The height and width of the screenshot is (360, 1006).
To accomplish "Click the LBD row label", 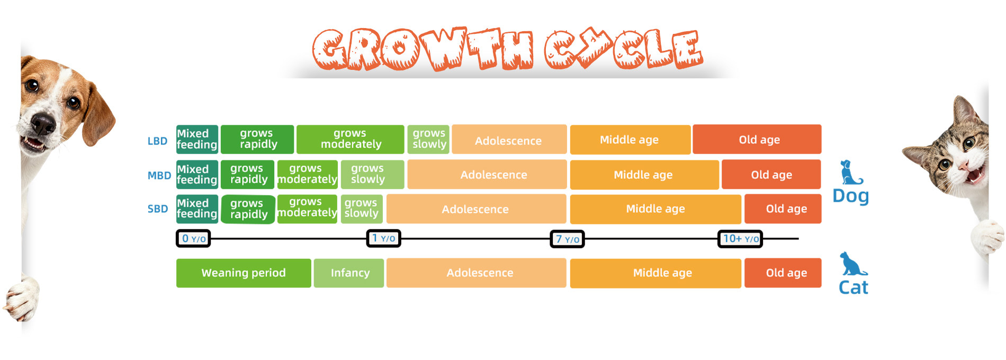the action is tap(157, 141).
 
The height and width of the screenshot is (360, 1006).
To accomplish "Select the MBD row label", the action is tap(159, 175).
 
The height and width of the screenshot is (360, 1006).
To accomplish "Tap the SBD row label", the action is tap(158, 209).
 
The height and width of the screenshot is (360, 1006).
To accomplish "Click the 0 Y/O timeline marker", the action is tap(193, 239).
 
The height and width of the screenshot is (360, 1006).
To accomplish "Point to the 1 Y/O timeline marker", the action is tap(384, 238).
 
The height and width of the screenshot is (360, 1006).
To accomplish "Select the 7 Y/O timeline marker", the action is tap(567, 239).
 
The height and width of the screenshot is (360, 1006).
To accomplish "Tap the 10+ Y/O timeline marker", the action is tap(740, 239).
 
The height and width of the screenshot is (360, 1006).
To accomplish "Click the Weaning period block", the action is tap(244, 273).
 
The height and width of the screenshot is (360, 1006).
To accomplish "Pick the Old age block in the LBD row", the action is tap(757, 139).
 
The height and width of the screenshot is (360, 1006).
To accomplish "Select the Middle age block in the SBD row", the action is tap(655, 209).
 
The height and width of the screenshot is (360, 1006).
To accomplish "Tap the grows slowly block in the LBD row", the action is tap(428, 139).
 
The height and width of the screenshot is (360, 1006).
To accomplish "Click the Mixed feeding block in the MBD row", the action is tap(197, 175).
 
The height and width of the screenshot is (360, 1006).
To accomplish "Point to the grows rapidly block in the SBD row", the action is tap(248, 209).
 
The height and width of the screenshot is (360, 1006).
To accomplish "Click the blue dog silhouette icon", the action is tap(851, 173).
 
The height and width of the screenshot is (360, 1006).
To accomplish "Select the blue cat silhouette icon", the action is tap(853, 264).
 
